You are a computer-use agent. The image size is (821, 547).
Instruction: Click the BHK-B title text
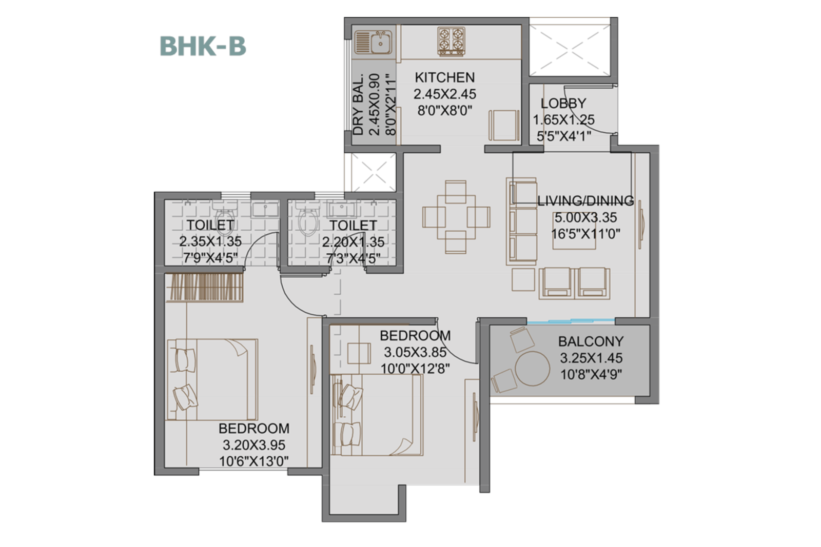[x=203, y=46]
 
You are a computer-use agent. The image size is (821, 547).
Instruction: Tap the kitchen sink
[x=373, y=42]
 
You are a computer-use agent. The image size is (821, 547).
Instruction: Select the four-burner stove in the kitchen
[x=451, y=41]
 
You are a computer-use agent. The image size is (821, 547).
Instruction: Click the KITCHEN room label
[x=444, y=77]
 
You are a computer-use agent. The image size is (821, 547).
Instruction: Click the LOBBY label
[x=563, y=103]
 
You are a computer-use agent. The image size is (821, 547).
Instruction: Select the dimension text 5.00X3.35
[x=585, y=217]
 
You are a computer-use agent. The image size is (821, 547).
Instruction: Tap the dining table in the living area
[x=456, y=217]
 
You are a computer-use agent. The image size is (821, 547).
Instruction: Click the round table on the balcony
[x=532, y=369]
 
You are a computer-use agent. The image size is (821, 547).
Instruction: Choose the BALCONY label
[x=591, y=341]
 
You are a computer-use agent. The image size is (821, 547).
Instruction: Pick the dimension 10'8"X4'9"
[x=591, y=375]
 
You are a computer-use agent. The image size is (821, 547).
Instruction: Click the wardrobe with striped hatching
[x=205, y=287]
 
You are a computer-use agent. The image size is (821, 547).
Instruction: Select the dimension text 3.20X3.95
[x=253, y=445]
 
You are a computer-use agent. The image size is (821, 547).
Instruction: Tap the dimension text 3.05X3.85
[x=415, y=352]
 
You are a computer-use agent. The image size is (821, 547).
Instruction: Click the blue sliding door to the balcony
[x=571, y=321]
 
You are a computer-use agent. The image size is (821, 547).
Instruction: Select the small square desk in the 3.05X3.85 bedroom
[x=359, y=353]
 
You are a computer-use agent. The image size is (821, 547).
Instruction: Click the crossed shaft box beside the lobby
[x=570, y=50]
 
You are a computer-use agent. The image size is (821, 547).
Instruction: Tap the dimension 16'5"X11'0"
[x=585, y=234]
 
